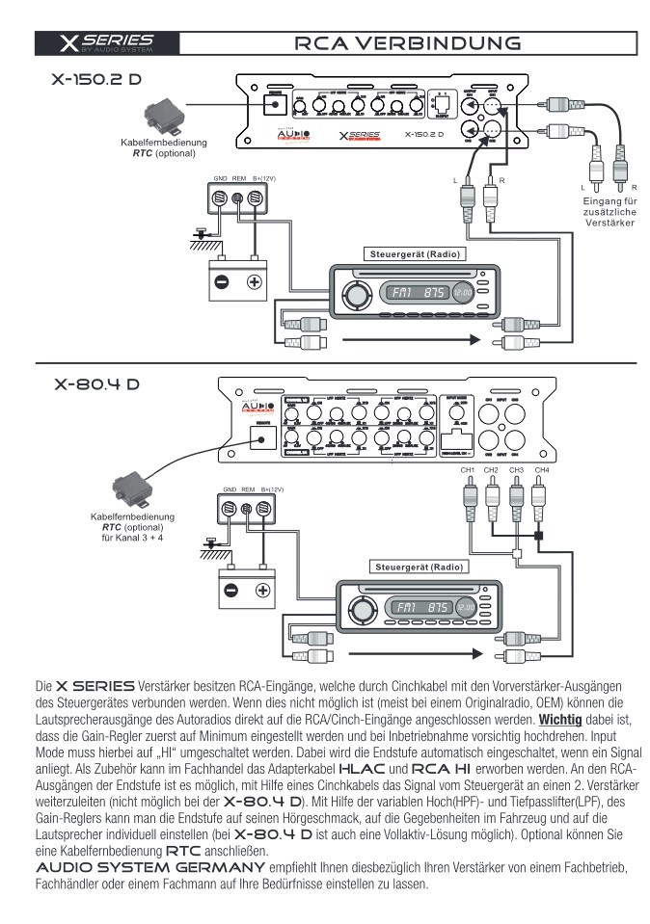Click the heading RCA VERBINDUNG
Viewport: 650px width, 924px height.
click(x=410, y=43)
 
